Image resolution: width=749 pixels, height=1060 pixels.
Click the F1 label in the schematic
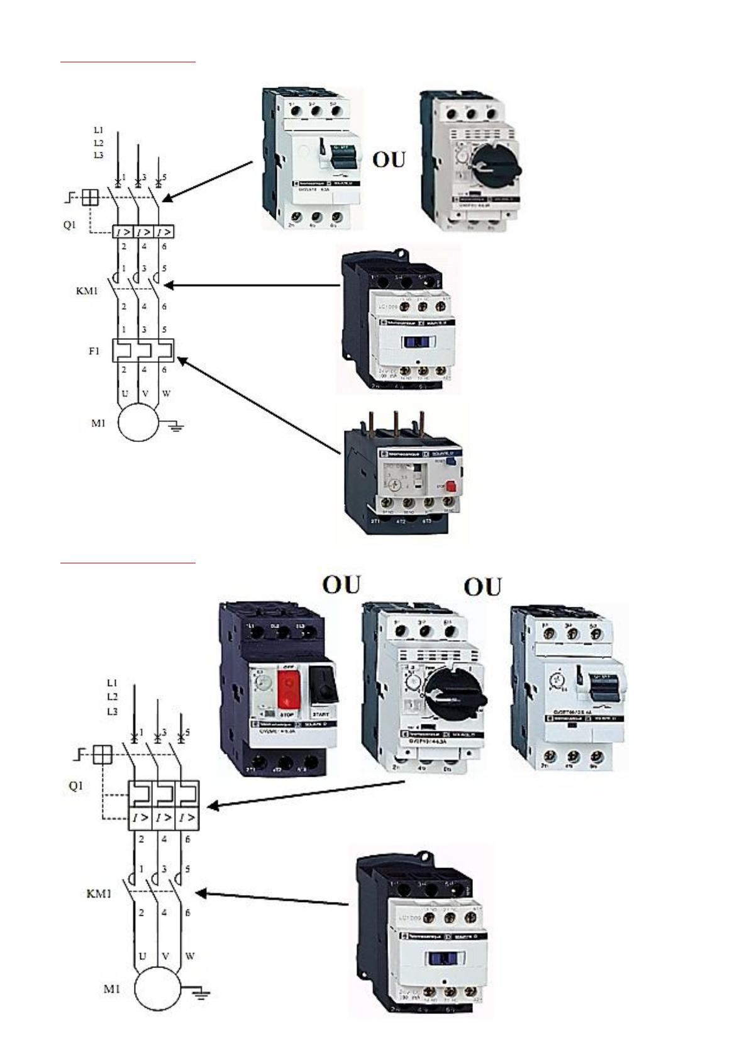[x=94, y=351]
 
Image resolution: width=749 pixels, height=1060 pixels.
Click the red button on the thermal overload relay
[x=449, y=486]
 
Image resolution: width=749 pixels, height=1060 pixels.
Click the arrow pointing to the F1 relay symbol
[x=258, y=405]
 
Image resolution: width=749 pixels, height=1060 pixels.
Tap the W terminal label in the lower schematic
[x=190, y=956]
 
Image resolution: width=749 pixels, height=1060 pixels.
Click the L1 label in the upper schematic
[x=98, y=130]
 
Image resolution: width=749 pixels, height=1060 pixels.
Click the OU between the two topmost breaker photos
[x=389, y=160]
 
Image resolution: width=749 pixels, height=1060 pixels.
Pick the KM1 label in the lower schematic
[x=99, y=893]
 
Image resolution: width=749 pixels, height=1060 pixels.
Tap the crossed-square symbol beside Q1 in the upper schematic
[x=91, y=198]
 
